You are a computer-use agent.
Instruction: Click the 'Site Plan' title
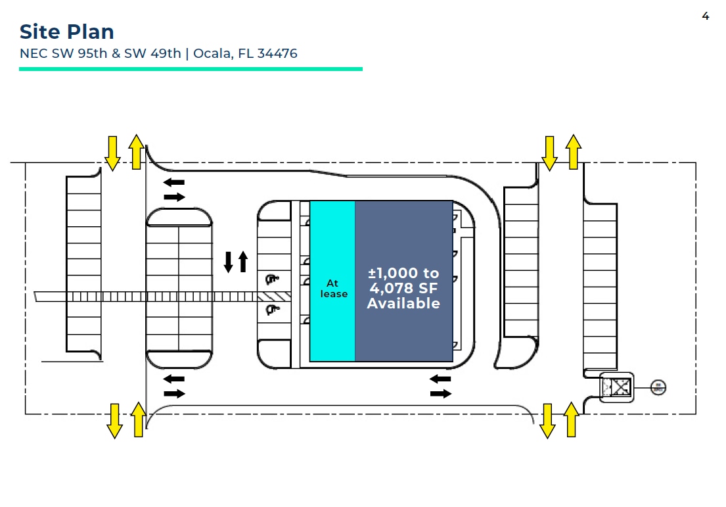[x=66, y=32]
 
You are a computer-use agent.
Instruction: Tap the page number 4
[x=706, y=16]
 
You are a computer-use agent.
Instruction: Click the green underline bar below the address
[x=191, y=68]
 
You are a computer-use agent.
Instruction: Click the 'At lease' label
[x=333, y=289]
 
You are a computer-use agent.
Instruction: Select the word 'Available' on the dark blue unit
[x=403, y=303]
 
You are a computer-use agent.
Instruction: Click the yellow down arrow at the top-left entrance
[x=112, y=153]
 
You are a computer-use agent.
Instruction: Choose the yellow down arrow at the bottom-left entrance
[x=114, y=421]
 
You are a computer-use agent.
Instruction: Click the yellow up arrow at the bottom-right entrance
[x=571, y=419]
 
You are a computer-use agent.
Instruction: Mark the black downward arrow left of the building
[x=229, y=262]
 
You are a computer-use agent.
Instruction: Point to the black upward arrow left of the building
[x=243, y=261]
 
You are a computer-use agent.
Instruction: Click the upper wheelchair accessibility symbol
[x=270, y=280]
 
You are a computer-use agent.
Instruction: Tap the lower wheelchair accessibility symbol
[x=269, y=309]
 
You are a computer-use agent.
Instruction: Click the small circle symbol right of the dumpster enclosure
[x=658, y=387]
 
